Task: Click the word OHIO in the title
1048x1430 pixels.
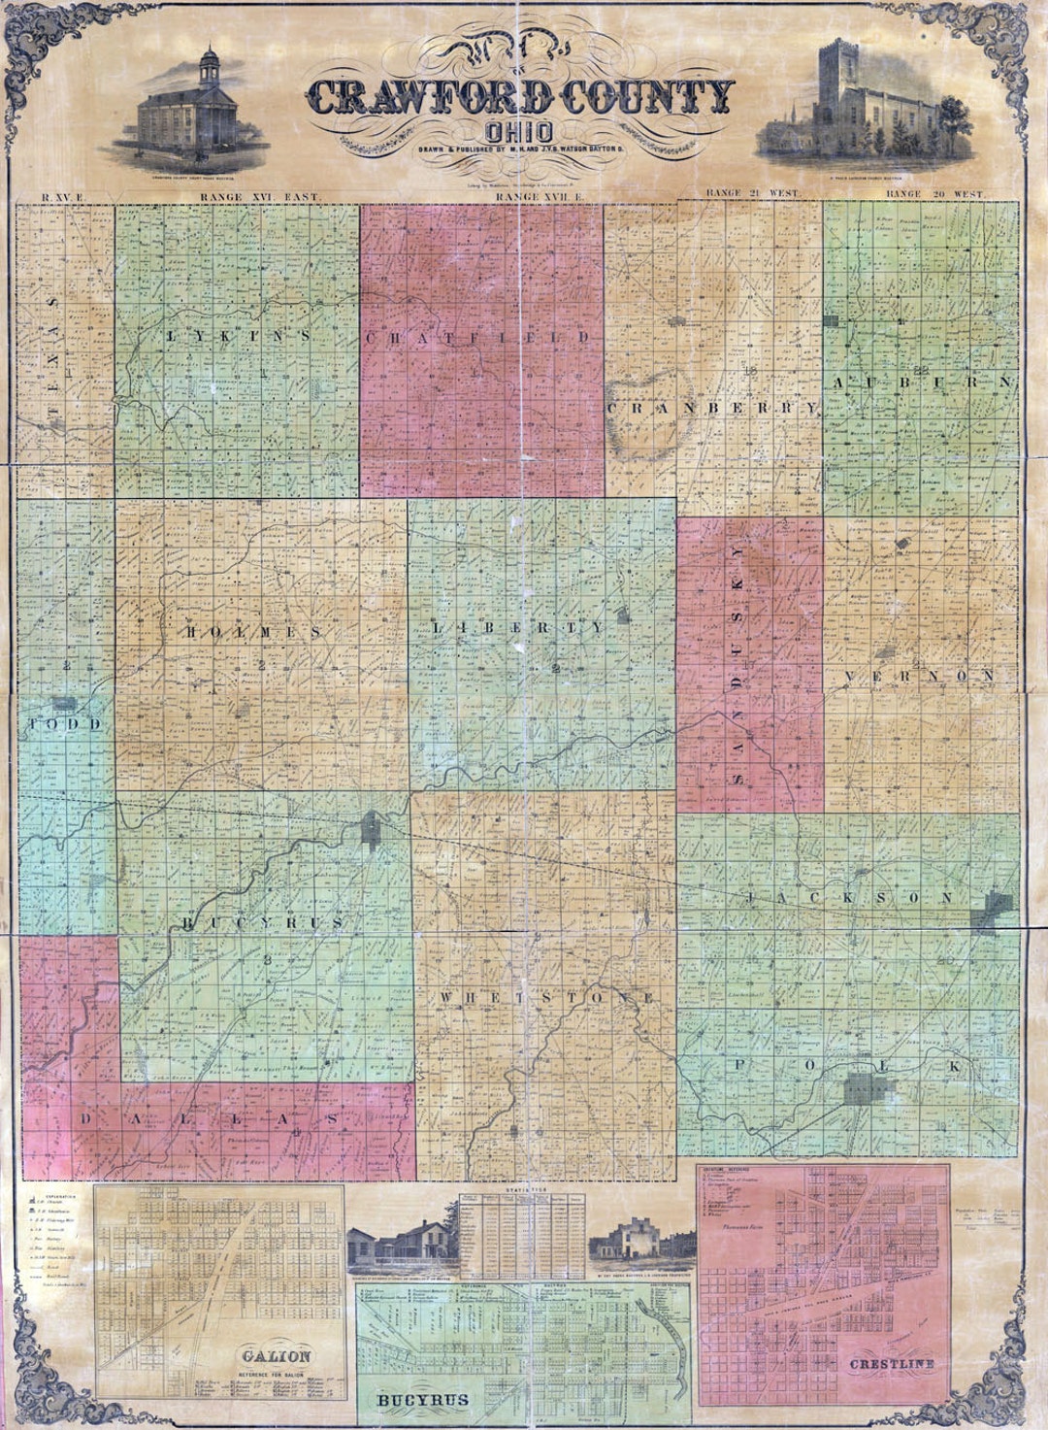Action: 522,132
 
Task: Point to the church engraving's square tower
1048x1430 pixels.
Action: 834,73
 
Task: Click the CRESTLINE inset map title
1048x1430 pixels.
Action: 892,1364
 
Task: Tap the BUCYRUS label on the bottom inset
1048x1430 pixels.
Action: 423,1400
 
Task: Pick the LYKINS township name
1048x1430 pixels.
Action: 239,336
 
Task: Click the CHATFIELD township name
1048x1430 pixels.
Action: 478,337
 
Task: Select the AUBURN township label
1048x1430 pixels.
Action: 922,382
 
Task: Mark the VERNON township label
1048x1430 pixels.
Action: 918,676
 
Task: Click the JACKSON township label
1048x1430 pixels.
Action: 850,899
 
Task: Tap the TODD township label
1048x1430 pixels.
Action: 64,725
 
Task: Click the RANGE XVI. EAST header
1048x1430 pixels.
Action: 259,196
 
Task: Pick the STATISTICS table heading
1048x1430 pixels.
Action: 523,1187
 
